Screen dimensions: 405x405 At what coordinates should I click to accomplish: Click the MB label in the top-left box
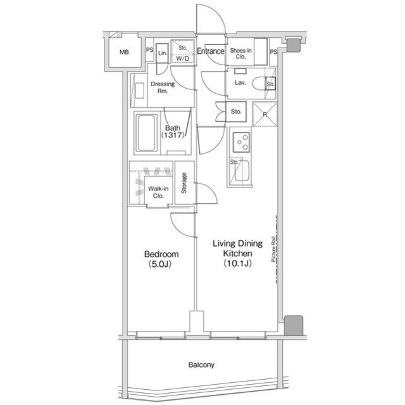pos(124,52)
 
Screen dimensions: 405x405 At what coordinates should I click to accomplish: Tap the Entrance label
pos(210,52)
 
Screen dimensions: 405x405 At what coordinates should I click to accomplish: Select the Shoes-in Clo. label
pos(241,54)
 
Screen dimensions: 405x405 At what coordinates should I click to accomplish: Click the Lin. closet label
pos(162,54)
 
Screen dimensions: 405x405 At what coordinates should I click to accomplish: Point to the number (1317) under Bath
pos(173,136)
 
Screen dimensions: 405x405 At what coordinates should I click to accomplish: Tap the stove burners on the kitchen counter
pos(241,143)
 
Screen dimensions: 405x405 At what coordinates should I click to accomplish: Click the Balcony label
pos(201,365)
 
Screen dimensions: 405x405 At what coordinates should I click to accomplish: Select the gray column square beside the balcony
pos(292,325)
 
